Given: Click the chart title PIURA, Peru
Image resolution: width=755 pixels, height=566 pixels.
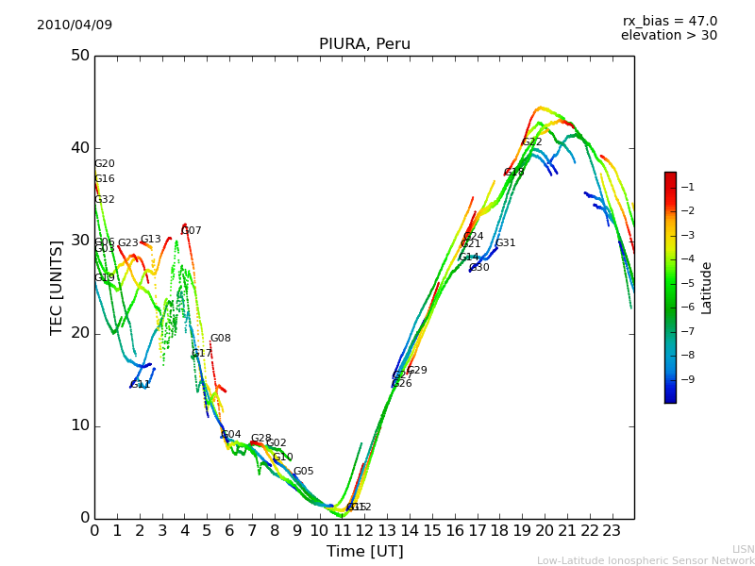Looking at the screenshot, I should tap(364, 44).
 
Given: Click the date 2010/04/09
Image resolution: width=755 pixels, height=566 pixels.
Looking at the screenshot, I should tap(75, 25).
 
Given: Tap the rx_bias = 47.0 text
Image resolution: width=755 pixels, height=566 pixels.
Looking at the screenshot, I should tap(670, 21).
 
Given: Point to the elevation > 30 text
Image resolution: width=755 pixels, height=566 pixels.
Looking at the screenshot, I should tap(669, 36).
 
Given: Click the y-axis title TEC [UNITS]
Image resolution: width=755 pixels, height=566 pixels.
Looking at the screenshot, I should tap(57, 287).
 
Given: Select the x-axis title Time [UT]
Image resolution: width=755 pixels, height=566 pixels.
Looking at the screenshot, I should tap(364, 552).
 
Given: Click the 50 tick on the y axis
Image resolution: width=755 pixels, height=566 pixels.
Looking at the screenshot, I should tap(79, 56).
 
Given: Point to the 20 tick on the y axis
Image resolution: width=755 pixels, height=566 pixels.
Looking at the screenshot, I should tap(79, 333).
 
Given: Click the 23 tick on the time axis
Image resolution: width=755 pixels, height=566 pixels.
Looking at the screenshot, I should tap(612, 531).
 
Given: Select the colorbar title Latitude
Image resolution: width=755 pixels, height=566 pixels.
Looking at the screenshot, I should tap(707, 288).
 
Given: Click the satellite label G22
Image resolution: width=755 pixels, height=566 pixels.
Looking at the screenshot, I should tap(532, 142).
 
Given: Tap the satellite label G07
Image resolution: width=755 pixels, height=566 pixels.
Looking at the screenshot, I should tap(192, 231).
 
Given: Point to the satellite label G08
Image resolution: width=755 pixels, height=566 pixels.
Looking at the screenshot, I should tap(220, 339).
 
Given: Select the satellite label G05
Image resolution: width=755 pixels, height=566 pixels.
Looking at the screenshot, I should tap(303, 472).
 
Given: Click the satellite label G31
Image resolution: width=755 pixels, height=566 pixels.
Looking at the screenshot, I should tap(505, 243).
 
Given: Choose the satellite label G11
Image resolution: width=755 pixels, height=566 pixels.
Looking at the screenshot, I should tap(141, 385).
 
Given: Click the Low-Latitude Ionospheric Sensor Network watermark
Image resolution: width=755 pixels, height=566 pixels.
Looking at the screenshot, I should tap(646, 560).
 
